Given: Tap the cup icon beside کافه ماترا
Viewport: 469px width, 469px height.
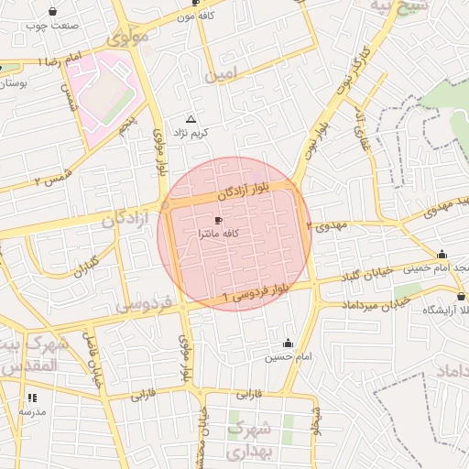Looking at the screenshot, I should point(218,221).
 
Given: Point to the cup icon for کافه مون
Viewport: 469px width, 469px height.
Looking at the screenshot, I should point(195,3).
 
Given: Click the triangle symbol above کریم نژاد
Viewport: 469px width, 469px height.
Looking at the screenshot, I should point(191,120).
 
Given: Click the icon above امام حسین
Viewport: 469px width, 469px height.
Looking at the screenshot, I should point(289,343).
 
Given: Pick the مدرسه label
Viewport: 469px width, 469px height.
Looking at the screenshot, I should point(33,411).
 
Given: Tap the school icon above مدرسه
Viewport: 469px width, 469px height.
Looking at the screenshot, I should point(33,398).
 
